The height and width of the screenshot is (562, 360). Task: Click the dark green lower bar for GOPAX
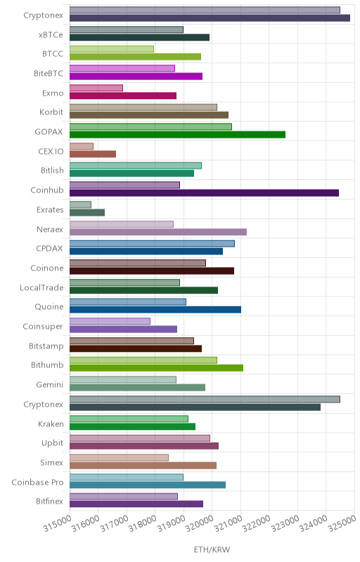coord(177,134)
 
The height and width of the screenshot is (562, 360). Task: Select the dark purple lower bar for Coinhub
coord(204,192)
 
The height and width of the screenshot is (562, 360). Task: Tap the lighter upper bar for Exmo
coord(96,88)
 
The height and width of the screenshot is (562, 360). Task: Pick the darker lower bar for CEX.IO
coord(93,154)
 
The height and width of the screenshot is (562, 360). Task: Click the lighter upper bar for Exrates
coord(80,204)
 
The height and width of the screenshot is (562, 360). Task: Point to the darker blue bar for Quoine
coord(155,309)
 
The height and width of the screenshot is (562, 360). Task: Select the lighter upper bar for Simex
coord(119,458)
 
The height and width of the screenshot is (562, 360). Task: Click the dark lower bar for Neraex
coord(158,232)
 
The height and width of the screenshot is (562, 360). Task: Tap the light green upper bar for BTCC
coord(112,48)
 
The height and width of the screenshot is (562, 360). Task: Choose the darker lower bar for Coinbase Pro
coord(148,485)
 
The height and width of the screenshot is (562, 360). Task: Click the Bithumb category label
coord(47,365)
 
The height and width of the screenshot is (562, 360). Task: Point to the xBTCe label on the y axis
coord(51,34)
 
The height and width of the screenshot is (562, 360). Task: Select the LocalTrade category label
coord(41,287)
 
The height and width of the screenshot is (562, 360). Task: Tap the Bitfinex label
coord(49,501)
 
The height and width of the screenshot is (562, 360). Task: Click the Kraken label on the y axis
coord(51,424)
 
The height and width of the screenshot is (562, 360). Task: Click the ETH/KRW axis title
coord(212,549)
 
